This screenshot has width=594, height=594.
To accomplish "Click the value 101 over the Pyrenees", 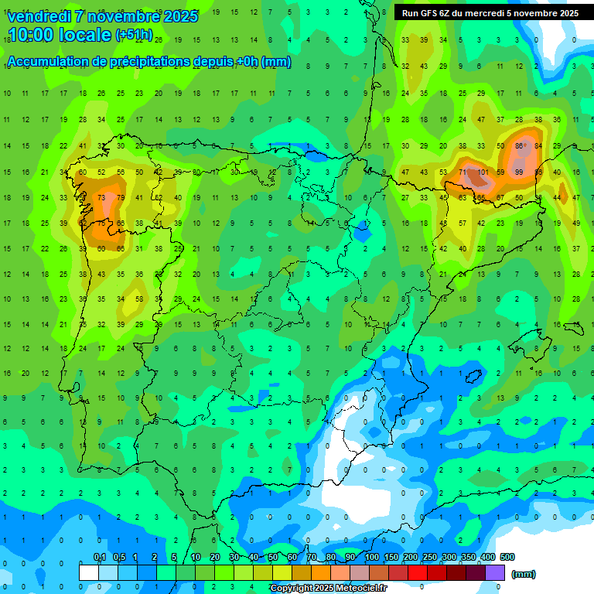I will pyautogui.click(x=483, y=172).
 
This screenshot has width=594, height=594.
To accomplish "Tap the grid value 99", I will pyautogui.click(x=519, y=172).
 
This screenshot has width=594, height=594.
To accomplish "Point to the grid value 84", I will pyautogui.click(x=538, y=146).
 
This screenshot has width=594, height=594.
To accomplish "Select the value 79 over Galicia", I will pyautogui.click(x=120, y=198).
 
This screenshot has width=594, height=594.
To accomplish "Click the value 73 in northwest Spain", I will pyautogui.click(x=101, y=198).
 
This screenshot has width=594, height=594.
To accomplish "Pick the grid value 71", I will pyautogui.click(x=463, y=172).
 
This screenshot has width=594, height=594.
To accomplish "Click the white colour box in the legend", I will pyautogui.click(x=89, y=572).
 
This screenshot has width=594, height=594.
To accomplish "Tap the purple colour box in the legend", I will pyautogui.click(x=494, y=572).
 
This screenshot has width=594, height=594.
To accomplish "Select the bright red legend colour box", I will pyautogui.click(x=418, y=572).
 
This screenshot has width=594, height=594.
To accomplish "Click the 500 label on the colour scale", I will pyautogui.click(x=507, y=557).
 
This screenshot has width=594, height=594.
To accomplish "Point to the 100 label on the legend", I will pyautogui.click(x=372, y=557).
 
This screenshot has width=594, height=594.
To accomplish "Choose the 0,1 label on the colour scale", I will pyautogui.click(x=100, y=557).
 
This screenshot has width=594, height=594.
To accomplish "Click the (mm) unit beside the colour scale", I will pyautogui.click(x=523, y=574).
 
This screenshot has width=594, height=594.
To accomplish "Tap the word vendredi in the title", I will pyautogui.click(x=39, y=16).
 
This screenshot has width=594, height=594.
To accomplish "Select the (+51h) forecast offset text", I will pyautogui.click(x=133, y=36).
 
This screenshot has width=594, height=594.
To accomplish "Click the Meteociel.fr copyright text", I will pyautogui.click(x=356, y=589).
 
